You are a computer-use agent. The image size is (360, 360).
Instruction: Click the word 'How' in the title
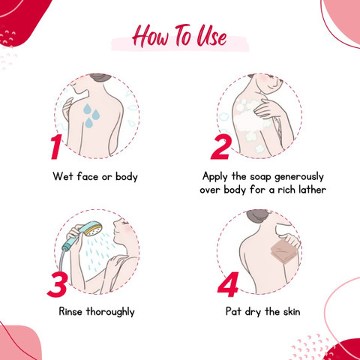[x=151, y=36]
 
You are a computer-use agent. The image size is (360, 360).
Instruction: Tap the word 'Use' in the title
[x=212, y=36]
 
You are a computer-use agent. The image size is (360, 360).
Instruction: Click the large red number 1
[x=55, y=147]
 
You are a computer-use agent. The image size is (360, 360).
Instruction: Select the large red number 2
[x=220, y=147]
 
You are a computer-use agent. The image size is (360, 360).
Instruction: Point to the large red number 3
[x=57, y=284]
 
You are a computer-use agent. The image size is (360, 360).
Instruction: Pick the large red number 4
[x=228, y=284]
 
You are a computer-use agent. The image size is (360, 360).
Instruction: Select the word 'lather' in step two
[x=313, y=190]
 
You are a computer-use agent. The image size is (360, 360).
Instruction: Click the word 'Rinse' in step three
[x=70, y=312]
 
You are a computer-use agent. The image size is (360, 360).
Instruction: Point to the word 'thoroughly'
[x=110, y=312]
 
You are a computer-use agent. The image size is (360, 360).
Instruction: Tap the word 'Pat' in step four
[x=233, y=311]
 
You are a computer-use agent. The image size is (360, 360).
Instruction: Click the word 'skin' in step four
[x=292, y=312]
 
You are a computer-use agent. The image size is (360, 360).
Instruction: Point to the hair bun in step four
[x=257, y=216]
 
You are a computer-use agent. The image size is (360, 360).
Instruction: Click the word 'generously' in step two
[x=299, y=178]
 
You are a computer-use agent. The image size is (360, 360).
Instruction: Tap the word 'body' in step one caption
[x=127, y=177]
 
